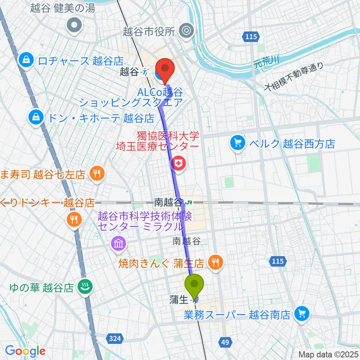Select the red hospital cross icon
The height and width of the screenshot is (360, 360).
[178, 163]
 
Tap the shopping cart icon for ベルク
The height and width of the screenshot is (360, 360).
[238, 142]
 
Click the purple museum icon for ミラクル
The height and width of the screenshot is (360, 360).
[118, 243]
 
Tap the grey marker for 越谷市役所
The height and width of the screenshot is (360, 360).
[186, 30]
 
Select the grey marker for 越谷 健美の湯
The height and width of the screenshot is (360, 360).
[74, 25]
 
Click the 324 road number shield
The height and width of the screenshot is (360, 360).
[116, 339]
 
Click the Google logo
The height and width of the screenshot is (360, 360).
[25, 351]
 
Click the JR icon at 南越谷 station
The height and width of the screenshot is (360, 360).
[189, 202]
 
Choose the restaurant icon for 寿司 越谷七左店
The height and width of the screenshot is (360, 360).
[97, 173]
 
